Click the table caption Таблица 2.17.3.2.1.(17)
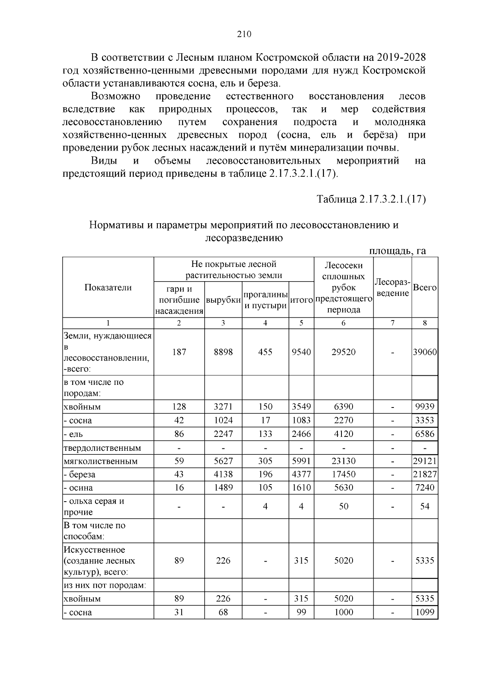click(371, 199)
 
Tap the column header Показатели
click(108, 288)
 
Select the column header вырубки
click(223, 300)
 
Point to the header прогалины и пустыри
click(265, 300)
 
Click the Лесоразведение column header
click(392, 288)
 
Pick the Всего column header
click(425, 288)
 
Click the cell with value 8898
click(223, 352)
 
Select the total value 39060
click(425, 352)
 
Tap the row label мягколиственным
click(101, 461)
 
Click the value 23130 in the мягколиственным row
click(343, 461)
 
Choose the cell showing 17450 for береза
click(343, 474)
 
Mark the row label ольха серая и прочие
click(94, 506)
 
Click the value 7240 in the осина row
click(425, 487)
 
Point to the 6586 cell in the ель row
click(425, 434)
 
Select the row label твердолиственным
click(102, 448)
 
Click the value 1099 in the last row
click(425, 612)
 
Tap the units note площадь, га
click(397, 251)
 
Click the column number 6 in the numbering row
click(343, 323)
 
